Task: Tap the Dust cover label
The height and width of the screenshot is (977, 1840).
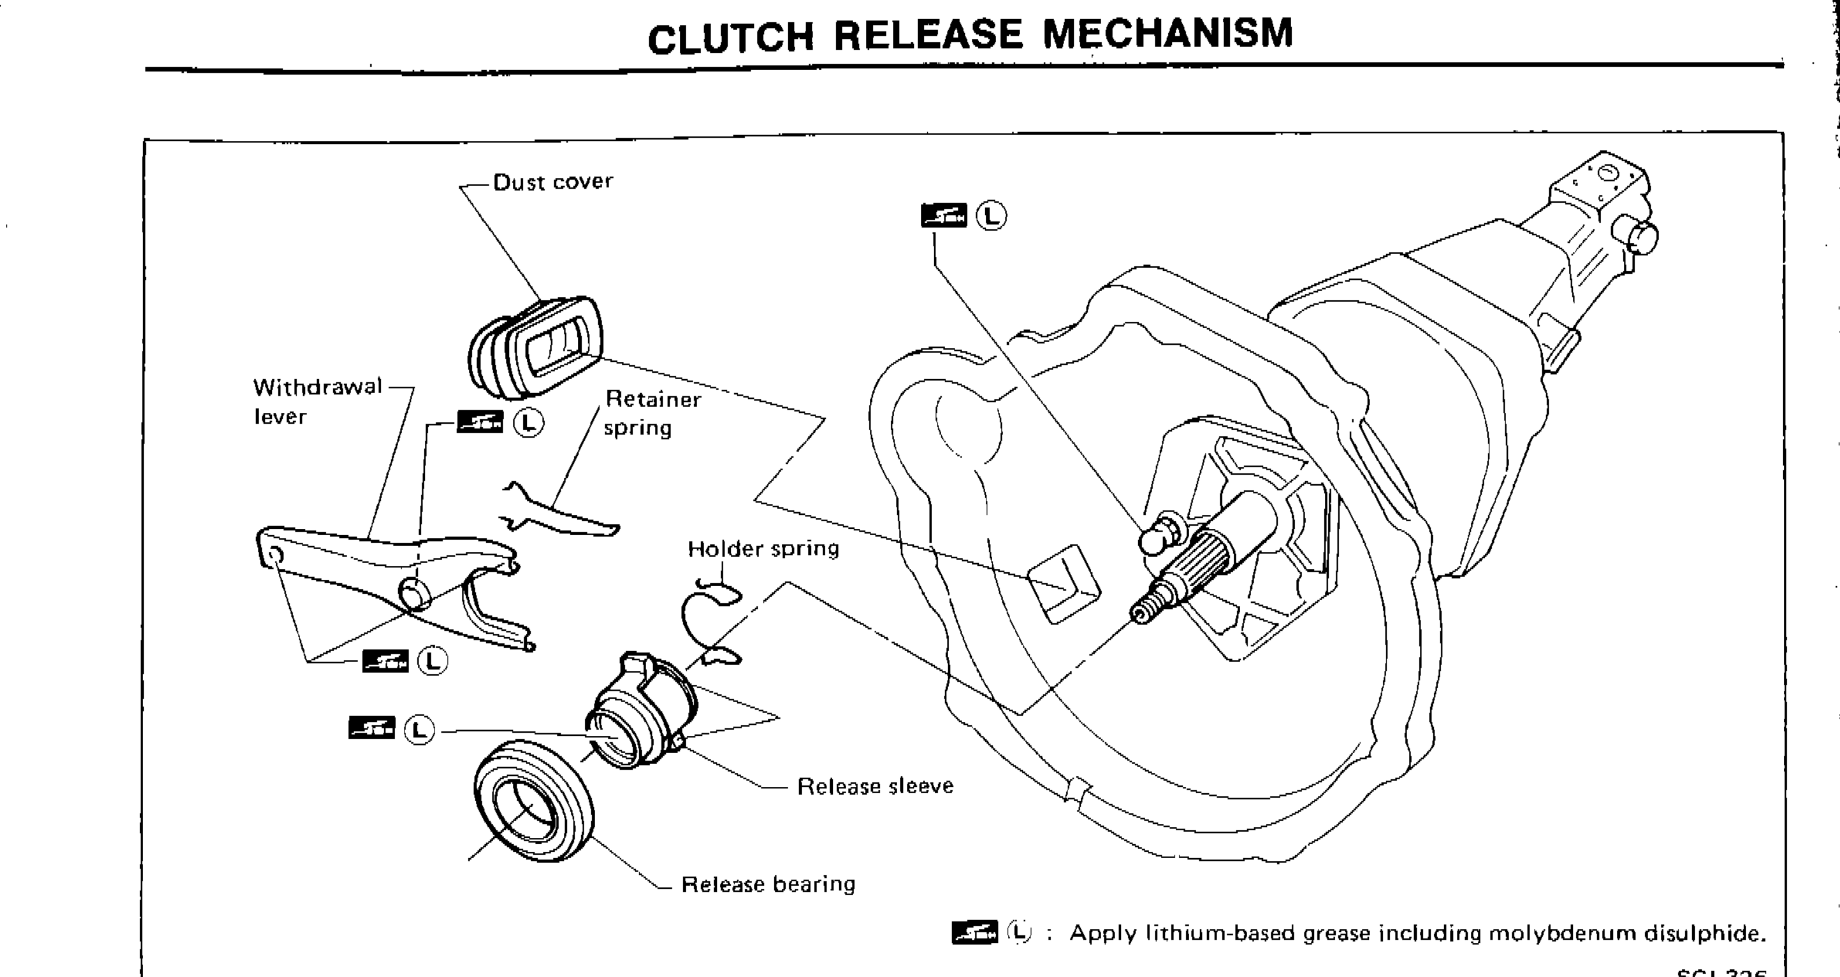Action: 552,181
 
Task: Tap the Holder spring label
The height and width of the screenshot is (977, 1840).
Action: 763,549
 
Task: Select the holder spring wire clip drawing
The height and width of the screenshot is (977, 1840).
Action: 707,622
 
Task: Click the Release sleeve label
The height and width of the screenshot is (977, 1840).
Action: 875,786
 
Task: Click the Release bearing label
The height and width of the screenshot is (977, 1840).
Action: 768,885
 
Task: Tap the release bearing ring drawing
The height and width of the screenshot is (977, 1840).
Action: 533,801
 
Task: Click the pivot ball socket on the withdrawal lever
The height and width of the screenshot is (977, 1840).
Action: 413,593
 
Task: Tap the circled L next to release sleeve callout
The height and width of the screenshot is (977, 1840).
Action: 419,730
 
